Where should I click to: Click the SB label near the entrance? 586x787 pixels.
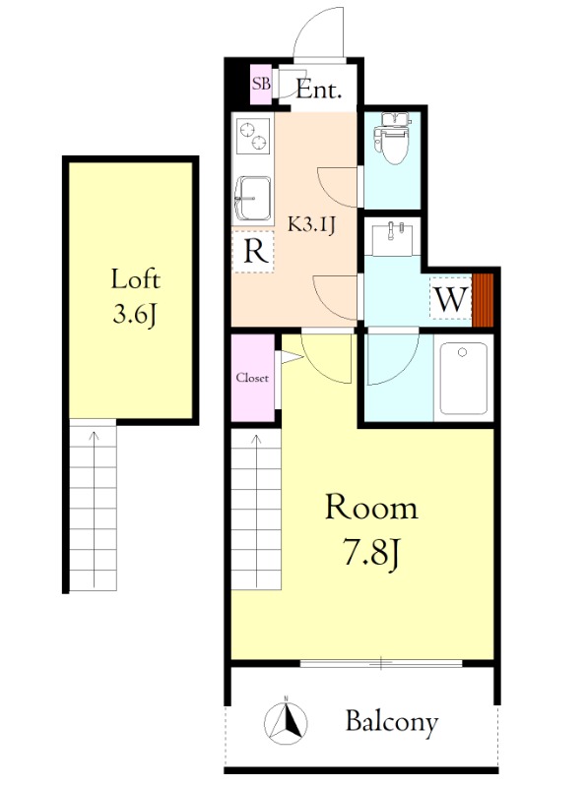tap(261, 84)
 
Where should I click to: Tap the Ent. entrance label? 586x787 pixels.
tap(319, 90)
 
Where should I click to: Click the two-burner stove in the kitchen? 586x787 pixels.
tap(253, 136)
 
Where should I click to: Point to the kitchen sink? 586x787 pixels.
tap(253, 198)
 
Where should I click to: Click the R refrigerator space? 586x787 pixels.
tap(254, 252)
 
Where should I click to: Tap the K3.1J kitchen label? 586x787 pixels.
tap(311, 225)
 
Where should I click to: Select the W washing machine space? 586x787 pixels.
tap(451, 299)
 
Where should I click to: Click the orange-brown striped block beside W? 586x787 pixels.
tap(483, 300)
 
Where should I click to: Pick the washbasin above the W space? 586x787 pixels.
tap(392, 240)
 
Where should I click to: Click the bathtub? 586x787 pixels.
tap(463, 378)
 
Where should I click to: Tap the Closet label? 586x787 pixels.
tap(252, 378)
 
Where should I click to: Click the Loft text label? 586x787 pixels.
tap(135, 279)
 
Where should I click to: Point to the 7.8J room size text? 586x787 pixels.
tap(372, 552)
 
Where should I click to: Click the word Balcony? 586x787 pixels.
tap(392, 723)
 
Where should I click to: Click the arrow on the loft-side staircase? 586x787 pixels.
tap(94, 508)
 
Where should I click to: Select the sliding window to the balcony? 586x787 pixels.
tap(381, 663)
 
